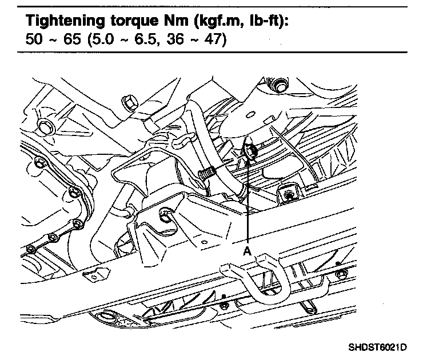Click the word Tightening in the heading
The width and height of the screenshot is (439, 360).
tap(65, 21)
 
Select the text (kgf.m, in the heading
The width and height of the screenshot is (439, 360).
tap(219, 21)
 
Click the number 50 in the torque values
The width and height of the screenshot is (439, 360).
tap(34, 39)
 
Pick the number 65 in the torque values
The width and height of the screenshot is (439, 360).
tap(72, 39)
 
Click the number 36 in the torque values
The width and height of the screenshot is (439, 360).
tap(175, 39)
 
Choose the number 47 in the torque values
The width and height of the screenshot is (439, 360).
tap(213, 39)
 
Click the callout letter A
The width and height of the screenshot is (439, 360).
tap(247, 251)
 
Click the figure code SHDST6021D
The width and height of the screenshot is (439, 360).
tap(377, 347)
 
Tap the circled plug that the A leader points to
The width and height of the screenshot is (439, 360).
tap(250, 151)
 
